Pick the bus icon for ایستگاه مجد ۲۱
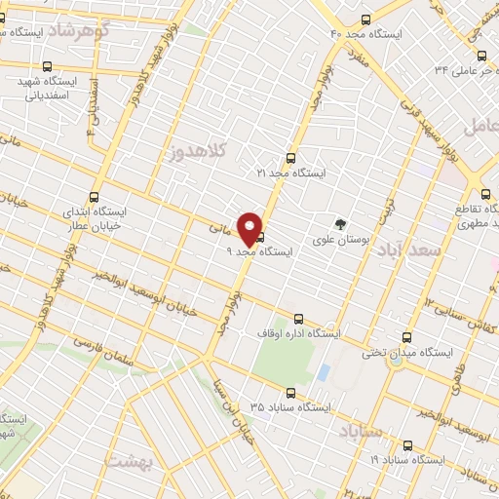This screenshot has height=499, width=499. point(289,158)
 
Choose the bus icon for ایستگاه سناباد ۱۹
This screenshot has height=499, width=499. point(406,445)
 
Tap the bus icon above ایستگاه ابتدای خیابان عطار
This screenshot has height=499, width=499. point(94,196)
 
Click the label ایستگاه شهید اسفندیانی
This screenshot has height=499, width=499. point(46,89)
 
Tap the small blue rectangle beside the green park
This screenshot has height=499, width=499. point(323,371)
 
